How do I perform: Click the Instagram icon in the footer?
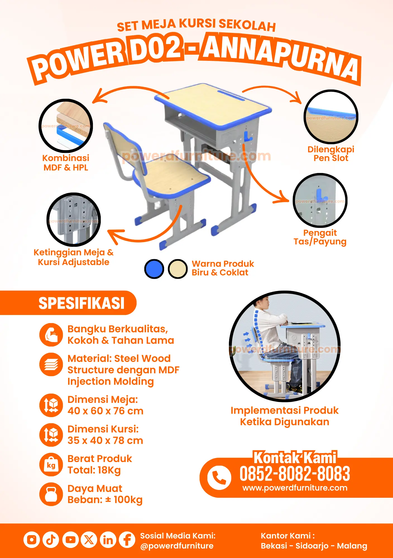pos(32,540)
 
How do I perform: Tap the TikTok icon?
pos(51,540)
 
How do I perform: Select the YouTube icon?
pos(70,540)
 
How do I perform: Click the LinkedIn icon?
pos(108,540)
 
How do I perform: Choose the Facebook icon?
pos(127,540)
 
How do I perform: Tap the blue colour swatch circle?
pos(154,269)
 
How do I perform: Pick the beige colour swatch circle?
pos(178,269)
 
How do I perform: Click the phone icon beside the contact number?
pos(219,478)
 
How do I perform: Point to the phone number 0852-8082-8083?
pos(295,474)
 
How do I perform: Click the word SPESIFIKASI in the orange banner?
pos(82,303)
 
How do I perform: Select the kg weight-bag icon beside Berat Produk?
pos(51,465)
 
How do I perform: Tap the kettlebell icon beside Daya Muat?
pos(51,494)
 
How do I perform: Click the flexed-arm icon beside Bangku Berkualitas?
pos(51,335)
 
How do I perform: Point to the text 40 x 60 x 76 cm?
pos(106,411)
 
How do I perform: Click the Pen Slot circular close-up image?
pos(331,116)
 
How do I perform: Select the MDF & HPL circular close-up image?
pos(66,126)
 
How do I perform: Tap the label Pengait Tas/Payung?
pos(320,237)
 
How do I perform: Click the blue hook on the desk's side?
pos(248,137)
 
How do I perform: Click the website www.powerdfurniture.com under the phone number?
pos(295,488)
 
